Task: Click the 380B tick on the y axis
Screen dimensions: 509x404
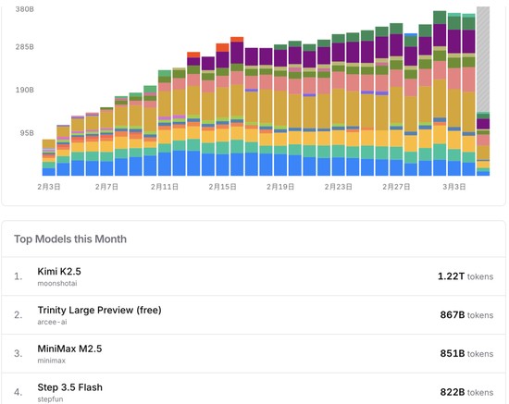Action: tap(24, 9)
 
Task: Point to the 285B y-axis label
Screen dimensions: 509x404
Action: tap(24, 47)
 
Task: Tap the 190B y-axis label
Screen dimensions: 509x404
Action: tap(24, 90)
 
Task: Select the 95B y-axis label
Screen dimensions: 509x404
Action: tap(27, 133)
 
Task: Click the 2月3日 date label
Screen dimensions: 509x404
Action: tap(49, 187)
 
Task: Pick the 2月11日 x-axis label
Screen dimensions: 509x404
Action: tap(164, 187)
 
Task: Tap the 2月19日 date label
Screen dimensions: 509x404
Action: tap(280, 187)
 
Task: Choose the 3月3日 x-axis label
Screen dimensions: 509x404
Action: tap(454, 187)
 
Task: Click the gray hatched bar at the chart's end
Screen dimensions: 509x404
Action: tap(483, 59)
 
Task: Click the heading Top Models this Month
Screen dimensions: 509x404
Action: tap(70, 239)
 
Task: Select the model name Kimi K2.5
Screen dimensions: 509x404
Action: tap(59, 272)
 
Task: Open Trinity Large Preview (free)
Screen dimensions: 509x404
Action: tap(99, 310)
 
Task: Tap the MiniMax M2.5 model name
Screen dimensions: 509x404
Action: tap(69, 349)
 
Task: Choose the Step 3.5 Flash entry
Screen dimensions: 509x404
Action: tap(69, 387)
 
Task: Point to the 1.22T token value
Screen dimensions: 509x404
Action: tap(452, 276)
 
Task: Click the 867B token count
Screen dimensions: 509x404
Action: tap(453, 315)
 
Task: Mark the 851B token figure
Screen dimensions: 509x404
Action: tap(453, 353)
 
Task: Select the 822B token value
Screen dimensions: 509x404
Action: tap(453, 392)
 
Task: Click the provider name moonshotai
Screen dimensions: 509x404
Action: tap(57, 284)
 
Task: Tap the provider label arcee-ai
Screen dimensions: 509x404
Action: tap(52, 322)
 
